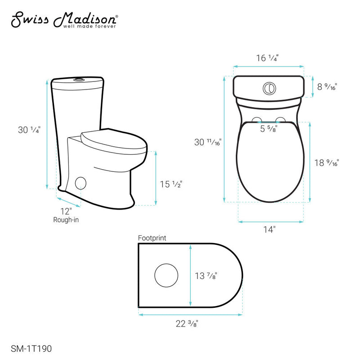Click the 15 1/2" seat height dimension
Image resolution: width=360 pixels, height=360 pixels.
tap(171, 184)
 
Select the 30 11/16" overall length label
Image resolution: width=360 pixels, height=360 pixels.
tap(207, 142)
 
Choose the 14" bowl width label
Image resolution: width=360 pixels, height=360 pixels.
tap(269, 229)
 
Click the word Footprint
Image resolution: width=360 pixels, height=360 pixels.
tap(152, 237)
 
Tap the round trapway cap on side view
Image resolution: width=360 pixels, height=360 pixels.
tap(81, 183)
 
